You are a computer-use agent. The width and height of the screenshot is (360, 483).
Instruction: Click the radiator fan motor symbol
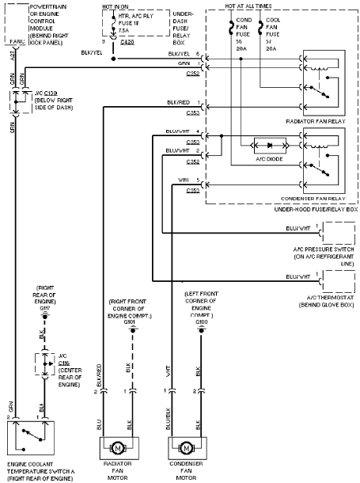pyautogui.click(x=120, y=447)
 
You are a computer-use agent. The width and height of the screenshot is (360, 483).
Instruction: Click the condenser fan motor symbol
pyautogui.click(x=188, y=447)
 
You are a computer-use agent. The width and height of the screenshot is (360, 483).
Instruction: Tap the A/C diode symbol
pyautogui.click(x=267, y=146)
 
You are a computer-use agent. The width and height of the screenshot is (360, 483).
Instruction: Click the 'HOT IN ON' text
pyautogui.click(x=117, y=6)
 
